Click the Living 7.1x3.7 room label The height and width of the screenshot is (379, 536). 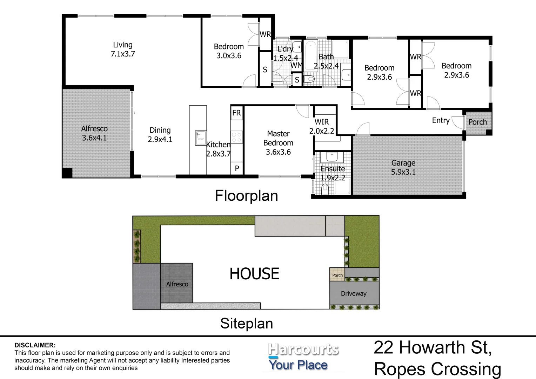122,49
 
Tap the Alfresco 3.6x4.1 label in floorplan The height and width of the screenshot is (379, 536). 94,133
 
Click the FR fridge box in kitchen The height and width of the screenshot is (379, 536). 236,113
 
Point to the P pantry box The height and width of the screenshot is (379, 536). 237,169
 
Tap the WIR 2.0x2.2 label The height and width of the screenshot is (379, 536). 322,126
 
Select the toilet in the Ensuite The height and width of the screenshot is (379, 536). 325,189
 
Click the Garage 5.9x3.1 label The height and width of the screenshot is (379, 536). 403,167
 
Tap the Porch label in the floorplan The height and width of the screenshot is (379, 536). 477,122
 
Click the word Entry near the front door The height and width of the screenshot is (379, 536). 441,121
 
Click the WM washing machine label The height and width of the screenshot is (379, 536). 296,65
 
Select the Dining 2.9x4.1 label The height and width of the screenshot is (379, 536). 160,135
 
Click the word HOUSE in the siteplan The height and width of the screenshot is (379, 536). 254,274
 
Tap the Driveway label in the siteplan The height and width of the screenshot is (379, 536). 354,294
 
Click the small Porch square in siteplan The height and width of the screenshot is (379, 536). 337,274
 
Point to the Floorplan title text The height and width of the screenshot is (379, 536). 246,196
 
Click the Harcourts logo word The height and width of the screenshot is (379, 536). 303,350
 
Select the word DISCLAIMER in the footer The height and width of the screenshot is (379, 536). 35,345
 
